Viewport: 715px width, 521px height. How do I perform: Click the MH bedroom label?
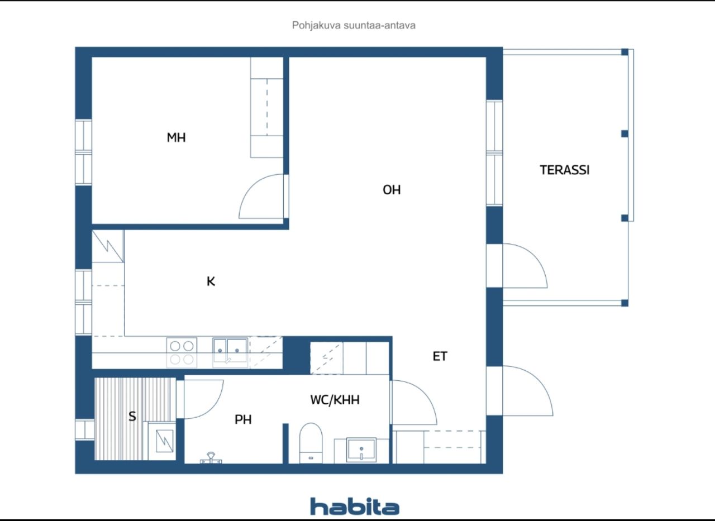click(176, 137)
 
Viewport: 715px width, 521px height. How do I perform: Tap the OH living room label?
click(392, 190)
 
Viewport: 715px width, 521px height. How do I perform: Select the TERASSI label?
click(564, 170)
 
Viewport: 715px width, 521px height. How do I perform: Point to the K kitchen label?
click(211, 281)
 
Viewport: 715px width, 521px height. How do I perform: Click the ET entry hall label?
click(440, 356)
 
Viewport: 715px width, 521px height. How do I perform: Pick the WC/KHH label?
click(335, 400)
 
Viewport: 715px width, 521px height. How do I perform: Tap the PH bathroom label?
click(243, 419)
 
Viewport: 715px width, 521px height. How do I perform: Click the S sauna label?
click(132, 417)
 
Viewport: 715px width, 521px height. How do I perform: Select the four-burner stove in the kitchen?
click(182, 353)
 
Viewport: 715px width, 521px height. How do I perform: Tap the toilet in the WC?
click(311, 443)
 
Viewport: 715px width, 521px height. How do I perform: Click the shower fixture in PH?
click(211, 458)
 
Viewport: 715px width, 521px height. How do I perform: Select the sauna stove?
click(164, 441)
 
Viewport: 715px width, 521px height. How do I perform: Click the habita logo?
click(355, 506)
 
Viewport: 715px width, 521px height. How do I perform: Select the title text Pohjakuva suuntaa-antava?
click(354, 25)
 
